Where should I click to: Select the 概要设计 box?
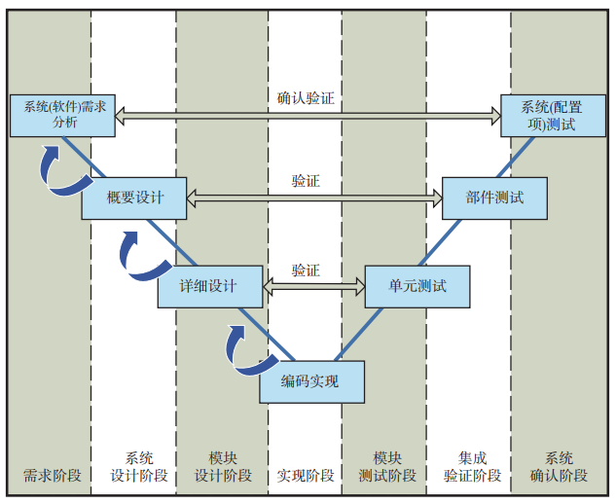tap(135, 198)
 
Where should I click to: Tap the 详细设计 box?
tap(210, 286)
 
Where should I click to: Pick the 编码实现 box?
tap(311, 381)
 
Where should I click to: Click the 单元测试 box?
tap(417, 286)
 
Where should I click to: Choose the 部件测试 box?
tap(494, 198)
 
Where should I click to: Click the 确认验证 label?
tap(306, 98)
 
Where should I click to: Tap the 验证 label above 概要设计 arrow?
tap(306, 181)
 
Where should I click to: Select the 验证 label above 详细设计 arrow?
tap(306, 270)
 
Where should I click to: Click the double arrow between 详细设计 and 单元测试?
tap(313, 286)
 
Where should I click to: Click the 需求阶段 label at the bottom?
tap(52, 476)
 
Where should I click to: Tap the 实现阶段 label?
tap(306, 476)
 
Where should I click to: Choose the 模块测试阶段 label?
tap(387, 467)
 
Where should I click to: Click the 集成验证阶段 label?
tap(473, 467)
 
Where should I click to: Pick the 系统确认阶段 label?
tap(559, 467)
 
